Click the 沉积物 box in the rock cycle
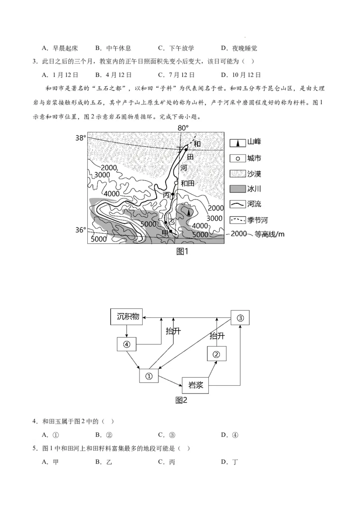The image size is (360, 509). point(126,317)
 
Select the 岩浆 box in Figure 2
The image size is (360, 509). point(196,385)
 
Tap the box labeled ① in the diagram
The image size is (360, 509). point(149,375)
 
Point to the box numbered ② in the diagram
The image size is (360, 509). point(216,354)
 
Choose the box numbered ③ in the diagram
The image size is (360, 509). point(240,317)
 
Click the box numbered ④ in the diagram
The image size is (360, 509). point(126,344)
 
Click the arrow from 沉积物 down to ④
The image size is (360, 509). point(126,330)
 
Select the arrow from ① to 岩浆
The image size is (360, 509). point(170,380)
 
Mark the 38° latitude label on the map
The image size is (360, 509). point(81,138)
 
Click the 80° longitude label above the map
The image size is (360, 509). point(183,128)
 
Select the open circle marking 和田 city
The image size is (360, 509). point(176,183)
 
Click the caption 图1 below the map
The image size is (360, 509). point(182,252)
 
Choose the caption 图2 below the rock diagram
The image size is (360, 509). point(181,400)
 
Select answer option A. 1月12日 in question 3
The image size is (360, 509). point(60,75)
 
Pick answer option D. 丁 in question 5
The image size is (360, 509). point(229,462)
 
